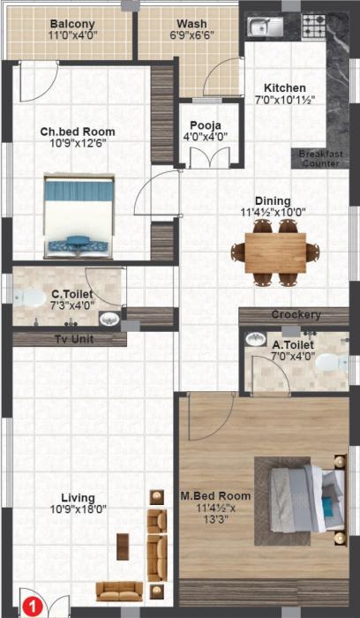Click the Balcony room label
click(72, 24)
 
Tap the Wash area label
click(191, 24)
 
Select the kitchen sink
click(262, 26)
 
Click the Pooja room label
click(204, 124)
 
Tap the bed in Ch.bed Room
click(79, 212)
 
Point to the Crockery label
click(296, 315)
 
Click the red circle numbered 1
click(29, 607)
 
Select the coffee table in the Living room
click(123, 547)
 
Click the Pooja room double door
click(205, 160)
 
